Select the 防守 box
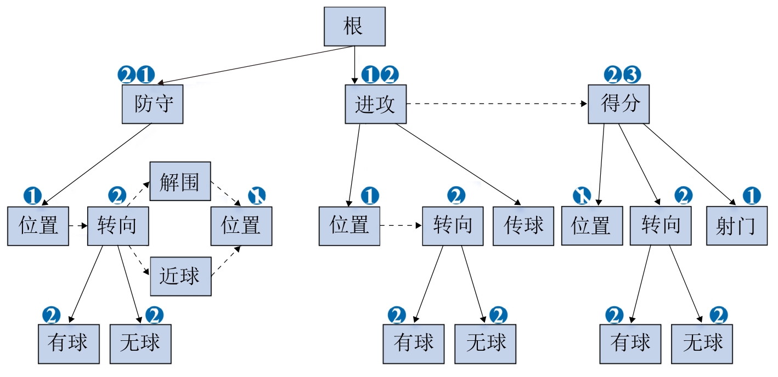[x=152, y=104]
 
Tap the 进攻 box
[x=375, y=104]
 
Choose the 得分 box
[x=618, y=104]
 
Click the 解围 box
[x=180, y=181]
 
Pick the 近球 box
[x=180, y=276]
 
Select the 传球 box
[x=523, y=225]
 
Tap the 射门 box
[x=736, y=225]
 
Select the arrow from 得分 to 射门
[x=689, y=164]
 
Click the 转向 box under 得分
[x=661, y=225]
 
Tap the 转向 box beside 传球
[x=453, y=225]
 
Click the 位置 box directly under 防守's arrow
[x=38, y=225]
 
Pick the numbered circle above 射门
[x=751, y=195]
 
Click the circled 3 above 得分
[x=631, y=74]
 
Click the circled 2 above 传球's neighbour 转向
[x=455, y=195]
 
